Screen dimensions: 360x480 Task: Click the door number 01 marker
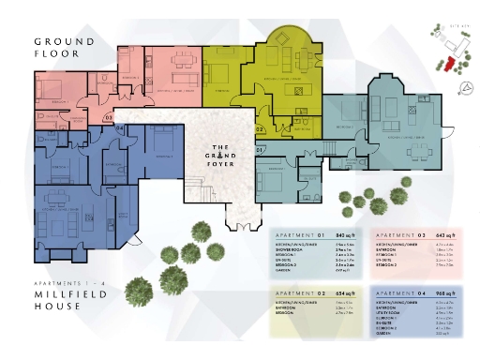261,150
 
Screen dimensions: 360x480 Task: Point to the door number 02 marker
260,127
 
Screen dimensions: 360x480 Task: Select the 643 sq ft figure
444,235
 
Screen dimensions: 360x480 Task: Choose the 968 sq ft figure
444,292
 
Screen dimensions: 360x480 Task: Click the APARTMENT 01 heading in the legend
293,235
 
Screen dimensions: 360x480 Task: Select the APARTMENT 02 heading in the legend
293,292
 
